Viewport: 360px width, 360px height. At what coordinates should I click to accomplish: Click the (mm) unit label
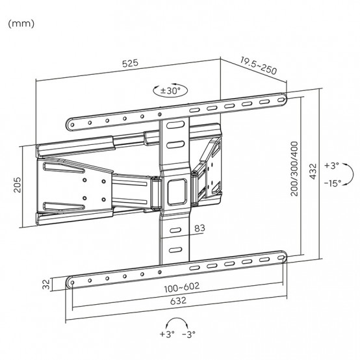[21, 24]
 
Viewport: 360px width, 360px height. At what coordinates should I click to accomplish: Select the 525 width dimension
[130, 64]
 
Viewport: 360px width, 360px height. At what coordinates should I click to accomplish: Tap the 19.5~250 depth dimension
[259, 66]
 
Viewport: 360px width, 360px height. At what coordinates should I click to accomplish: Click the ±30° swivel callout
[170, 91]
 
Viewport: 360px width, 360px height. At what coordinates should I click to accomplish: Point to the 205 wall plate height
[17, 185]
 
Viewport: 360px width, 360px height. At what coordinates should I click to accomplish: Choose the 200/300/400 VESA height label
[294, 169]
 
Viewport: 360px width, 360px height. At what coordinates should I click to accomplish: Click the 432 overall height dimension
[313, 172]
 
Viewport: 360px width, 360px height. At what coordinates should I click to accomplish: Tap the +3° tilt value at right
[332, 165]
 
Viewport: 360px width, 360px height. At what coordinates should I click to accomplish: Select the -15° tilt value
[333, 183]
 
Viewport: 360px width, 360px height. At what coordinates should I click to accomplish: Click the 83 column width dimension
[199, 228]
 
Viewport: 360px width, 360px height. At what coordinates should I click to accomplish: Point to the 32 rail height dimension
[46, 284]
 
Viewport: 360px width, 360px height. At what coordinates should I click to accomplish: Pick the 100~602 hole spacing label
[182, 287]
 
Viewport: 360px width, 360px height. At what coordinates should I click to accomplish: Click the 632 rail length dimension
[178, 300]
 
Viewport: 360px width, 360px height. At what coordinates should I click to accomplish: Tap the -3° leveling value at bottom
[188, 334]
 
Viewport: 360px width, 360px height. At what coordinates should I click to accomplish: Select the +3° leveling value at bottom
[167, 334]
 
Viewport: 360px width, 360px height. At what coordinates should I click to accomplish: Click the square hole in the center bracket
[177, 192]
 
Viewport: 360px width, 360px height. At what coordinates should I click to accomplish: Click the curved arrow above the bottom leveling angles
[177, 320]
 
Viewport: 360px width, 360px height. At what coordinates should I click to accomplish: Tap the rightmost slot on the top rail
[281, 100]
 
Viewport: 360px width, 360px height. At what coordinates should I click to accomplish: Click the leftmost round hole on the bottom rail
[72, 283]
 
